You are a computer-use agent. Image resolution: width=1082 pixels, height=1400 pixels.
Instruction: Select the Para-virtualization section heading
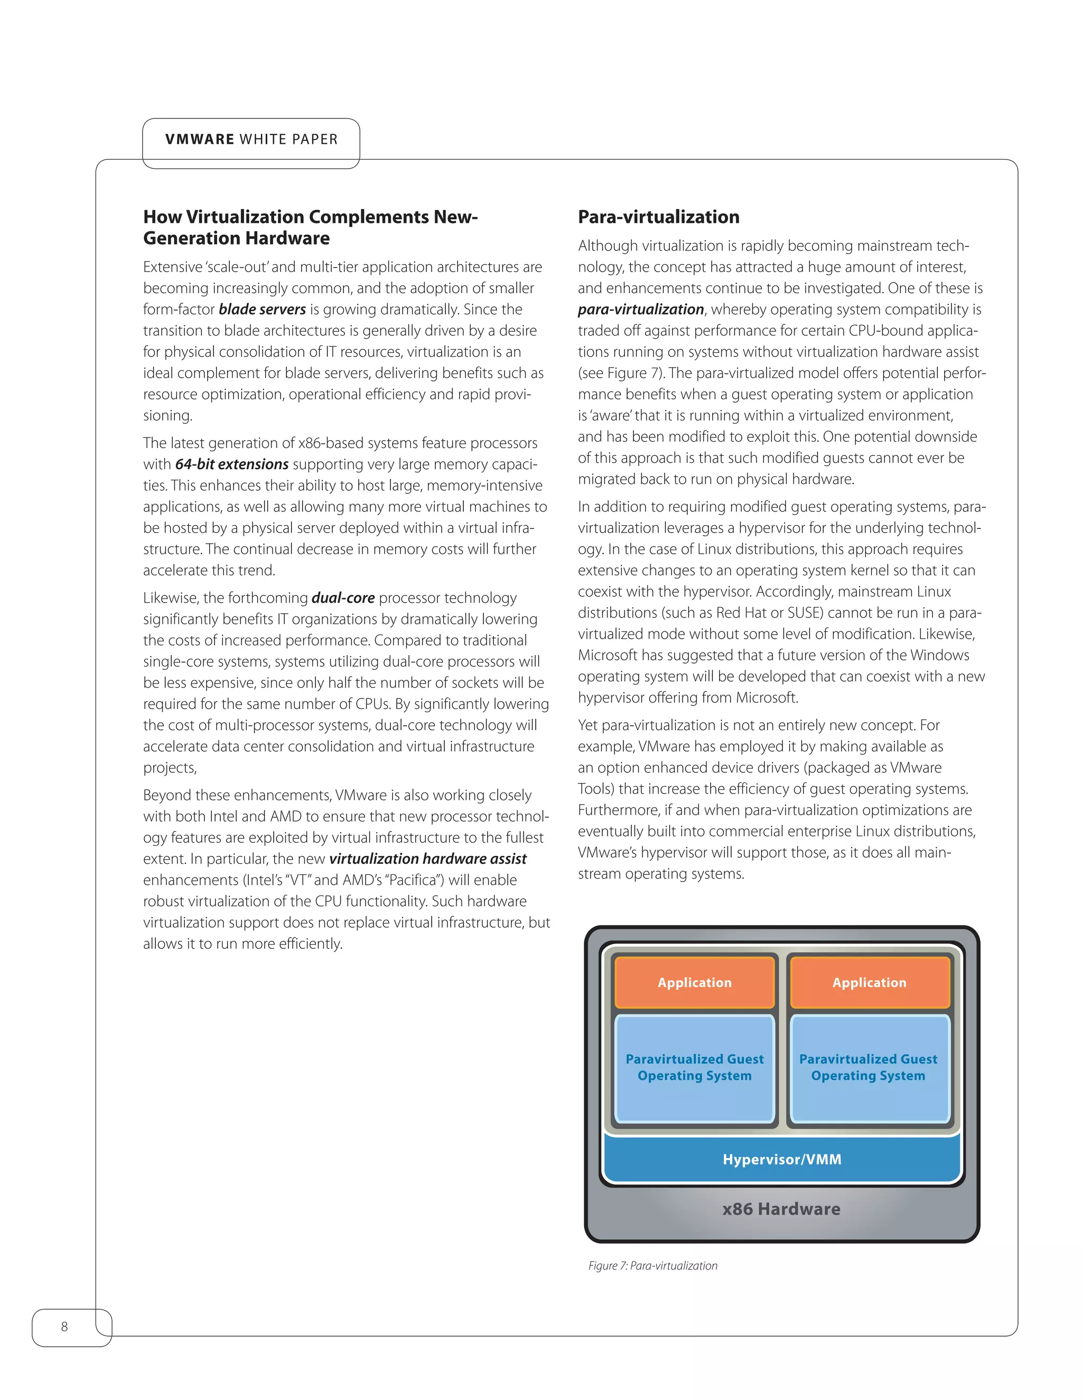658,217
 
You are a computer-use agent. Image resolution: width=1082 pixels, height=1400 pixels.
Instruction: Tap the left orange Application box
694,983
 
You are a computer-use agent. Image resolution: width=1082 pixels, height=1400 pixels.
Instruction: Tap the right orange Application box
869,983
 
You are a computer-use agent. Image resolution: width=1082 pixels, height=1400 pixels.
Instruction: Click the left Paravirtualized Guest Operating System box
694,1067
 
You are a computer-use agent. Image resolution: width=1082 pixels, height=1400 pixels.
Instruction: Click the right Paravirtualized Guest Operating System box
868,1067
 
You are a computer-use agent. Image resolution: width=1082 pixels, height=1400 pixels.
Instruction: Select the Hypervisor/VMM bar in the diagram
781,1159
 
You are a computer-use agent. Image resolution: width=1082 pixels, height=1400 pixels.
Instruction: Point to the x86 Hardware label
781,1209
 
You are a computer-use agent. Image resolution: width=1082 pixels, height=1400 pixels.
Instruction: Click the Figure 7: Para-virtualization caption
652,1265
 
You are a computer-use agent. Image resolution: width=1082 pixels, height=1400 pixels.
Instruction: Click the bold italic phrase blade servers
262,310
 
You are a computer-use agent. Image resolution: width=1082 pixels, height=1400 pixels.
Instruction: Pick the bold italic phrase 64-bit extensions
231,464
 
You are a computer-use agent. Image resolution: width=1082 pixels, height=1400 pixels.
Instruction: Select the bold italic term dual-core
343,598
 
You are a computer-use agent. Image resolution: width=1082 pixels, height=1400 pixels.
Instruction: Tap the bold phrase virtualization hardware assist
427,859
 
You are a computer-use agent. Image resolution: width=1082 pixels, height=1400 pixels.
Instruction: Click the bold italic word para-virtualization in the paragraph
640,310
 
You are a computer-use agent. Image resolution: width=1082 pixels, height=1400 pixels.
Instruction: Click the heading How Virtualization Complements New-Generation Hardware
310,227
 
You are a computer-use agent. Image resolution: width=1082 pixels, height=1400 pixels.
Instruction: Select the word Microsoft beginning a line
607,655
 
